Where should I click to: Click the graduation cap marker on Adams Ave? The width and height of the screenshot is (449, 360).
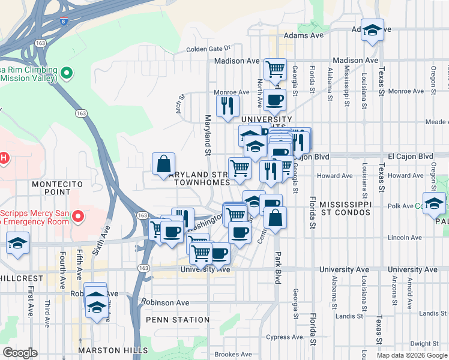(x=372, y=30)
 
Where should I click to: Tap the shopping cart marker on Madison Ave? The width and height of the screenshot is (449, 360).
(x=275, y=69)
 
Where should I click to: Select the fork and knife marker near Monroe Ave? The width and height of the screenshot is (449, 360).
(x=228, y=107)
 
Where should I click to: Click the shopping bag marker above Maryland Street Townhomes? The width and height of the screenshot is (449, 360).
(x=163, y=164)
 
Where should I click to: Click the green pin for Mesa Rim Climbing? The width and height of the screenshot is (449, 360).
(x=67, y=74)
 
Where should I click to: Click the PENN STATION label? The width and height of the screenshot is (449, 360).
(x=173, y=320)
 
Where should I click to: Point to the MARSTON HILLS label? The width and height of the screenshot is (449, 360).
(x=113, y=350)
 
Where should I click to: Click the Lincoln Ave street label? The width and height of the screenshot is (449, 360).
(x=405, y=238)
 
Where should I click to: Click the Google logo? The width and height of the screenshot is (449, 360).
(x=21, y=353)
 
